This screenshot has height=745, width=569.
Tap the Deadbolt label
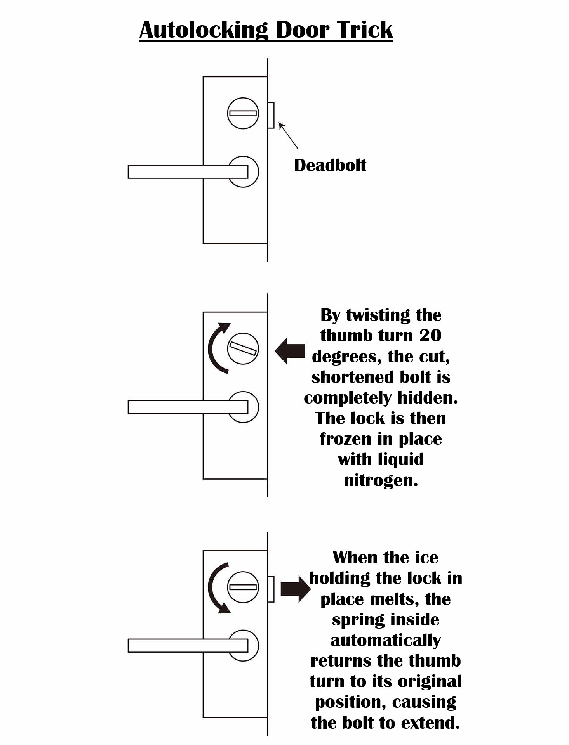tap(330, 165)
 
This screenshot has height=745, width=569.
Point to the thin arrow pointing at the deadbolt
tap(288, 136)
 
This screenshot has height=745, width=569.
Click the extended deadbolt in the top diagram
tap(271, 115)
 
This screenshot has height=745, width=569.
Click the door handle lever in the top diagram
tap(188, 172)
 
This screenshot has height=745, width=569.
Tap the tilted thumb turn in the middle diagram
tap(243, 348)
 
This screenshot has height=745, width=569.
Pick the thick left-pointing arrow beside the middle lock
tap(290, 351)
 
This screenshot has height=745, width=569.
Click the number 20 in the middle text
tap(430, 336)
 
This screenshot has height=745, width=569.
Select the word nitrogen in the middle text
tap(381, 480)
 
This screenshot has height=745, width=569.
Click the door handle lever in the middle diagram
tap(188, 407)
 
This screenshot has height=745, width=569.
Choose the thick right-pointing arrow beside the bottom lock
tap(296, 589)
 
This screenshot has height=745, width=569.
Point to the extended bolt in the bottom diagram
tap(271, 589)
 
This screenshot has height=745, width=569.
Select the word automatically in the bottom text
tap(386, 641)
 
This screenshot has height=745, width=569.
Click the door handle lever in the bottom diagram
tap(188, 646)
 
